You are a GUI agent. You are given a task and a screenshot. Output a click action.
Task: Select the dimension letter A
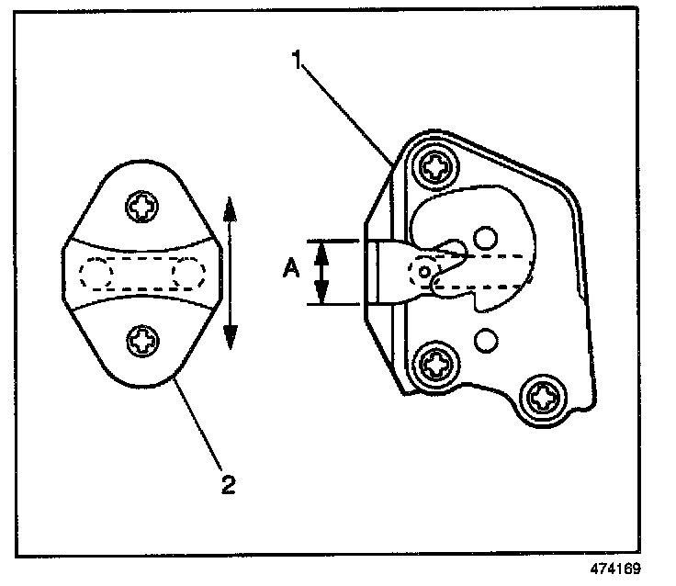290,268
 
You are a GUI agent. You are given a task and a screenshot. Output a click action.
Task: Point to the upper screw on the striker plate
143,207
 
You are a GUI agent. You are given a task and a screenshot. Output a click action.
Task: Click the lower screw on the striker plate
143,342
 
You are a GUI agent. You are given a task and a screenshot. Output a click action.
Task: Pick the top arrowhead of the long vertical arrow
230,206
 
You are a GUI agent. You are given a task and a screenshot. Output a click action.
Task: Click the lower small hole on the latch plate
487,341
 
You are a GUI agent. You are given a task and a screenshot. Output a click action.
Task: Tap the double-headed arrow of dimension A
321,272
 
